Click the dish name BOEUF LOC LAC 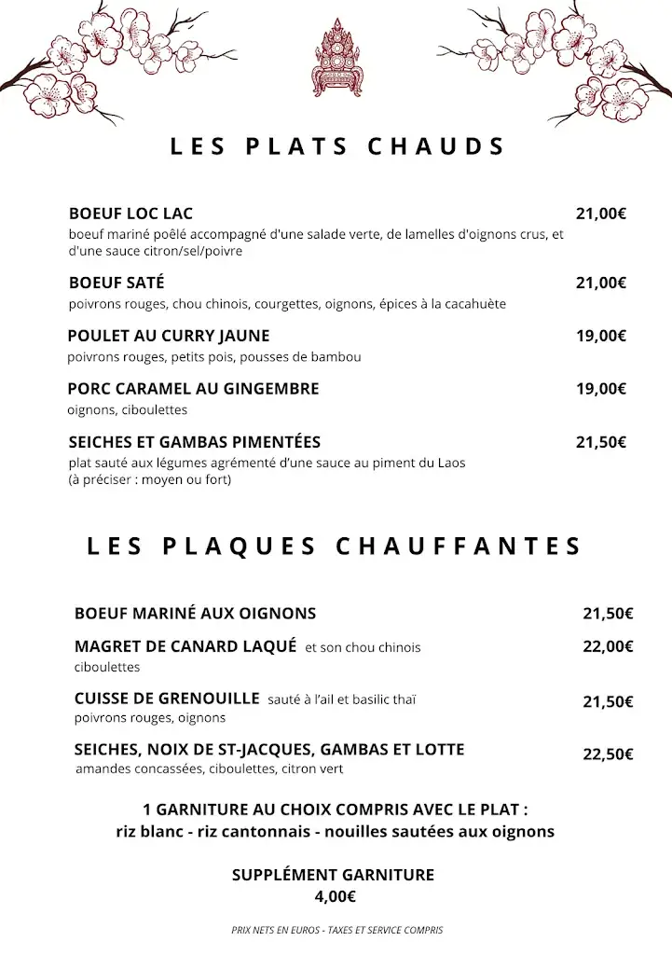click(x=130, y=214)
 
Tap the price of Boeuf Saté click(x=600, y=284)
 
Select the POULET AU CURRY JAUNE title click(x=169, y=336)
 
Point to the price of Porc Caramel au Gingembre click(x=600, y=390)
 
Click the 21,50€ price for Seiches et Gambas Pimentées click(x=600, y=443)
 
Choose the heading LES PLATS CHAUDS click(x=337, y=146)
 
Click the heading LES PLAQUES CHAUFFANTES click(x=335, y=546)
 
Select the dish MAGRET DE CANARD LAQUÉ click(x=185, y=645)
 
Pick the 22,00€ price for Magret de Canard click(x=608, y=646)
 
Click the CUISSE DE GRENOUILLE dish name click(x=167, y=698)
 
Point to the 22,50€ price click(x=608, y=755)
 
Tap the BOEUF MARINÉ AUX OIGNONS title click(x=195, y=613)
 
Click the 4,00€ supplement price click(x=335, y=896)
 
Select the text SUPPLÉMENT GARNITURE click(x=333, y=875)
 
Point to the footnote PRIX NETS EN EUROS click(x=336, y=930)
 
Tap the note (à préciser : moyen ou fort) click(x=149, y=480)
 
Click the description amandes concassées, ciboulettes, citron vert click(x=210, y=769)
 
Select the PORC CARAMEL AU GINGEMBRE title click(x=193, y=388)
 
